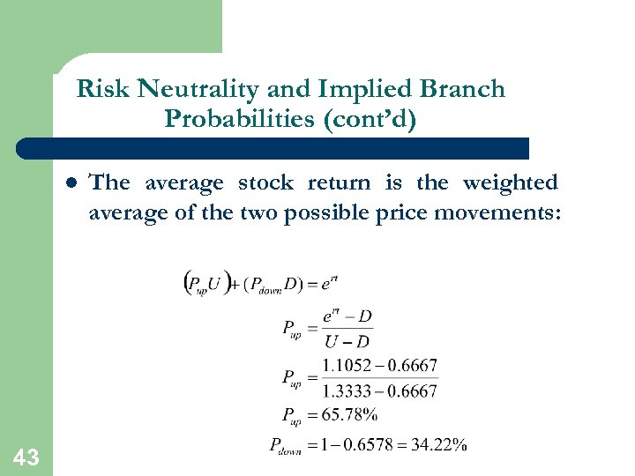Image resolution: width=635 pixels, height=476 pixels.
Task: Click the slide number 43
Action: [26, 456]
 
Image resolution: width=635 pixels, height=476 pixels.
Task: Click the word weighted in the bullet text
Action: [510, 183]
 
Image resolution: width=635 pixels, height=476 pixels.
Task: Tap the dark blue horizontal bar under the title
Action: [273, 148]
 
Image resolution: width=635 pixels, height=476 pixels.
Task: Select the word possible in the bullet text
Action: [326, 212]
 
